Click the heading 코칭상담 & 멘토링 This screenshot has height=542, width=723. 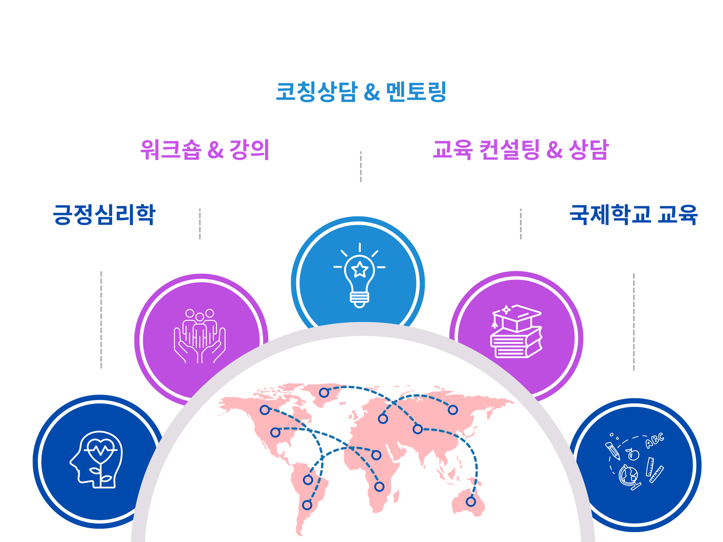[x=361, y=92]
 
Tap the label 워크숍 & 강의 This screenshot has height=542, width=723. [x=205, y=150]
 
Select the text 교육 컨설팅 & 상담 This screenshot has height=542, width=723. [x=521, y=150]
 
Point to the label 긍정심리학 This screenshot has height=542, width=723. [x=104, y=215]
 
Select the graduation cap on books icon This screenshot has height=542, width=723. [x=517, y=332]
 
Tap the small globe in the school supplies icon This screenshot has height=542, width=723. [x=628, y=476]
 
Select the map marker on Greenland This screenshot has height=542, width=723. [x=324, y=393]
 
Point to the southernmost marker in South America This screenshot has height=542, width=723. [x=307, y=505]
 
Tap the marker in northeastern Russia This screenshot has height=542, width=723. [x=453, y=410]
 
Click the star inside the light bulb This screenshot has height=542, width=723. [x=360, y=269]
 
